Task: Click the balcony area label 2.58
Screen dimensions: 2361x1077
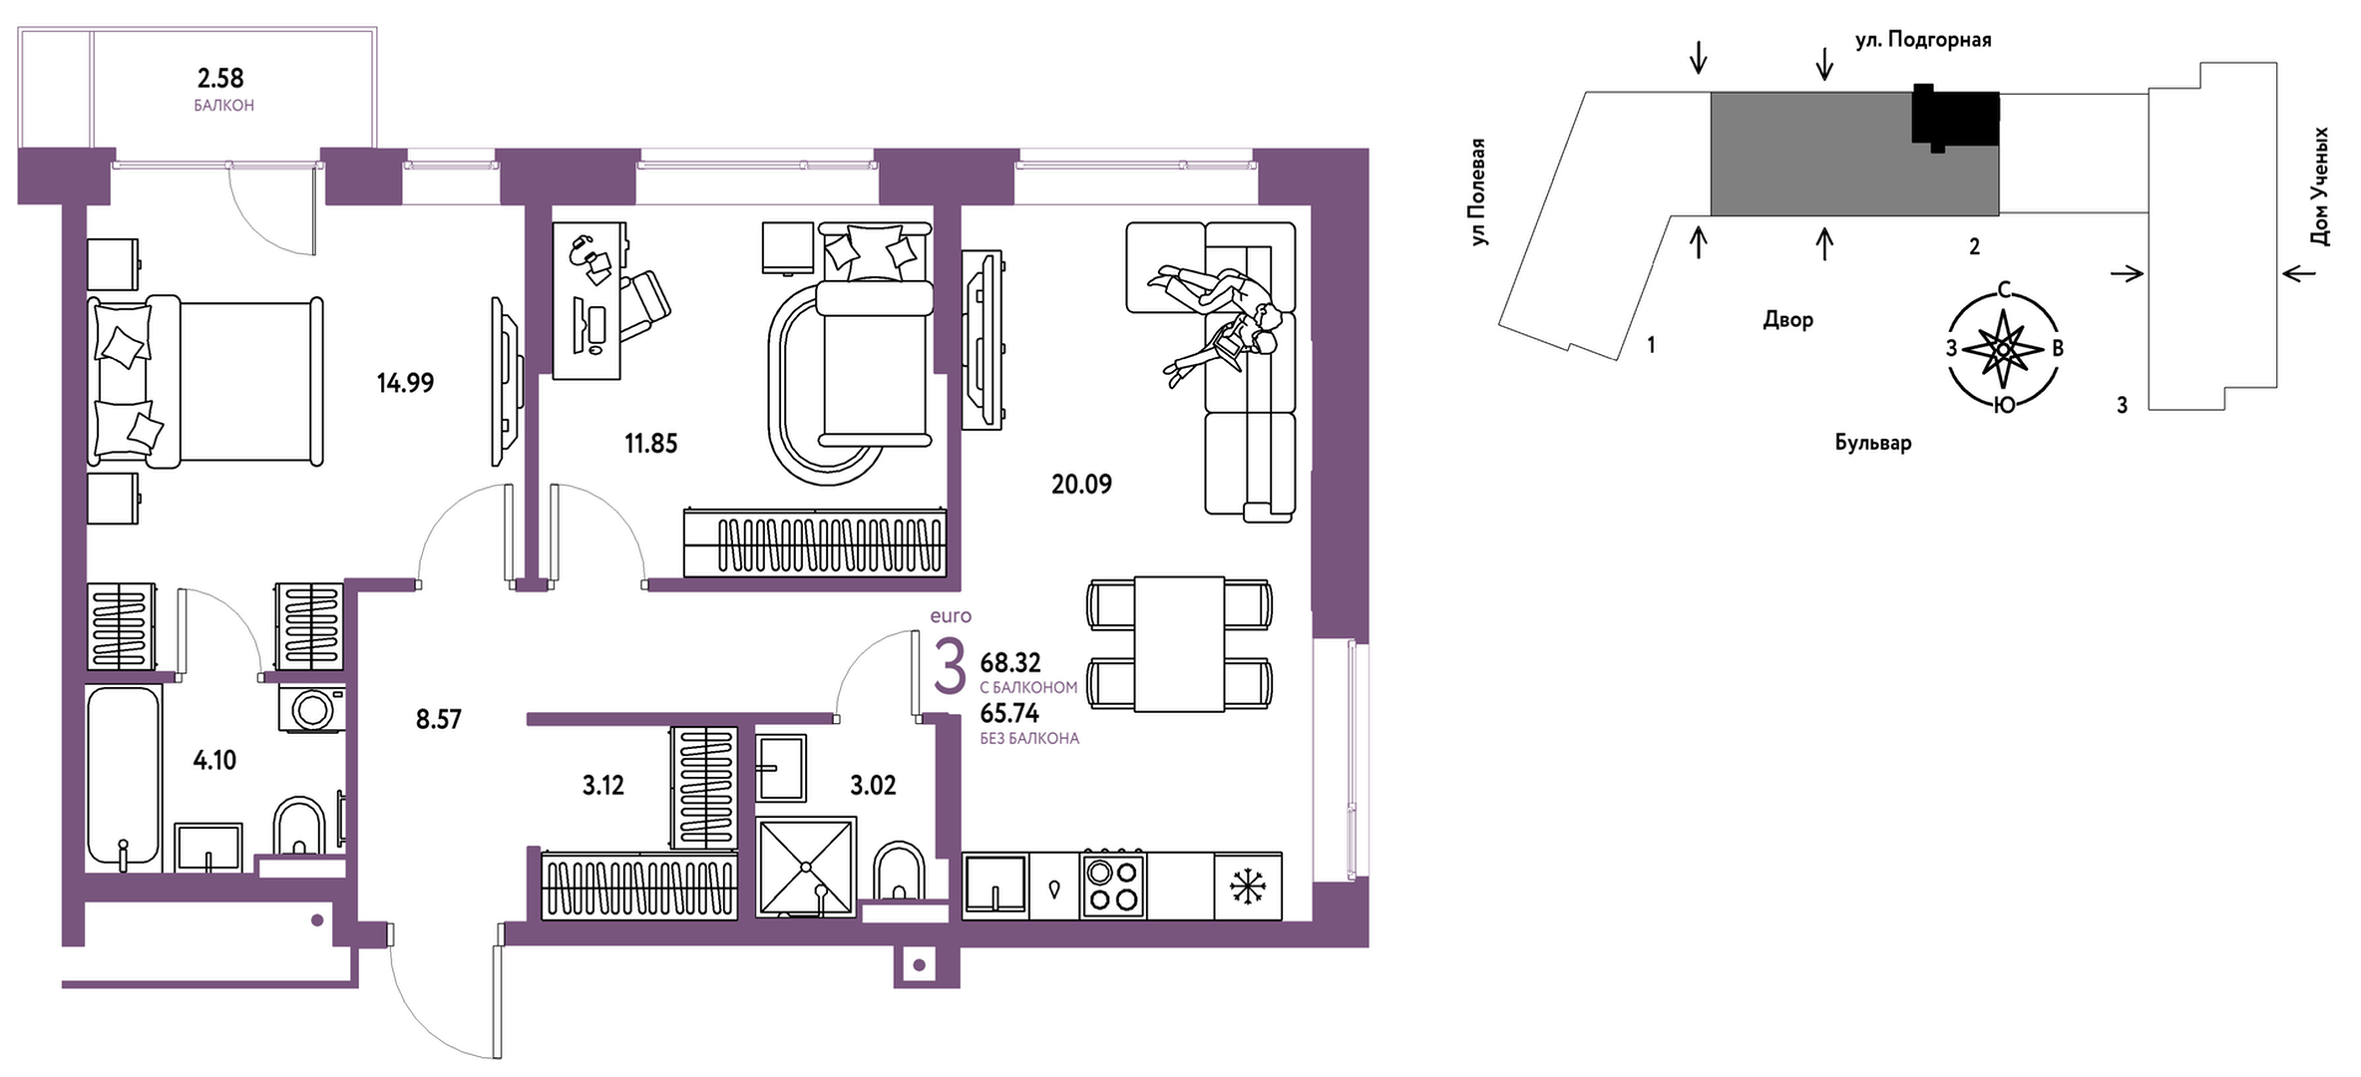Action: [x=220, y=78]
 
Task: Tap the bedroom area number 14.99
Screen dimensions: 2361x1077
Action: [x=405, y=383]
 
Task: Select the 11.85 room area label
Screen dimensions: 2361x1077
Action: [x=651, y=443]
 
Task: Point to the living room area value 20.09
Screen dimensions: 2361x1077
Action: [x=1081, y=485]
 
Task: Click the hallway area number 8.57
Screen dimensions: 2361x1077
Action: [x=439, y=719]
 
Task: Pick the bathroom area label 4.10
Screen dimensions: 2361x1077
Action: [x=214, y=761]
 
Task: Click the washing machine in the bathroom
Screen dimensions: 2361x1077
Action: [x=312, y=709]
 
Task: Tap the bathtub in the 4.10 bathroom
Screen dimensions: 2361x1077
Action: [x=124, y=775]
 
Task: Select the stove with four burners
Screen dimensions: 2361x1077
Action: [x=1113, y=886]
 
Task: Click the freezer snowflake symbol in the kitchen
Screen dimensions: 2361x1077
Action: [x=1248, y=887]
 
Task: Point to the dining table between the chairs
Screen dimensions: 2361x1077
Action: [x=1179, y=644]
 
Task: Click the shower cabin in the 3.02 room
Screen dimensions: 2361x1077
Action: [x=806, y=867]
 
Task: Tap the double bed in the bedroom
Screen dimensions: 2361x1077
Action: [x=205, y=381]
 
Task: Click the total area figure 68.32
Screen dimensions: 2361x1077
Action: [x=1010, y=663]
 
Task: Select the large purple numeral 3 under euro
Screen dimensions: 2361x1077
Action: [x=950, y=667]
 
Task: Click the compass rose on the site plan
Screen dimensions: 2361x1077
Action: [x=2003, y=348]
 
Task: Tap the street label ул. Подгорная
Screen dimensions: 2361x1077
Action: [x=1923, y=40]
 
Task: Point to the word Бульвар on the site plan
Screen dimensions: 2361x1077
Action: [x=1873, y=443]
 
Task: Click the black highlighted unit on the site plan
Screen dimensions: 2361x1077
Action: [x=1955, y=118]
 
